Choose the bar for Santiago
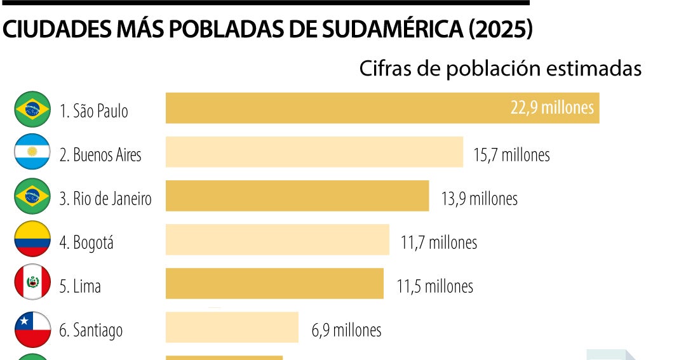click(232, 328)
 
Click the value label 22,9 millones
click(552, 107)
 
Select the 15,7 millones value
click(511, 154)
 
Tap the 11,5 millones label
click(435, 286)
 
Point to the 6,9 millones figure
click(346, 330)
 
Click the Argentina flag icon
click(32, 152)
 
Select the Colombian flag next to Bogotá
click(32, 239)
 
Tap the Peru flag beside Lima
click(32, 283)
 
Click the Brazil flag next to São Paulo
click(32, 109)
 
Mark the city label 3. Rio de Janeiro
click(105, 199)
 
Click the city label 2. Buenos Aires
click(100, 155)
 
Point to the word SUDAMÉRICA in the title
click(390, 30)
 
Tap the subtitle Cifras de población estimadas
click(500, 69)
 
